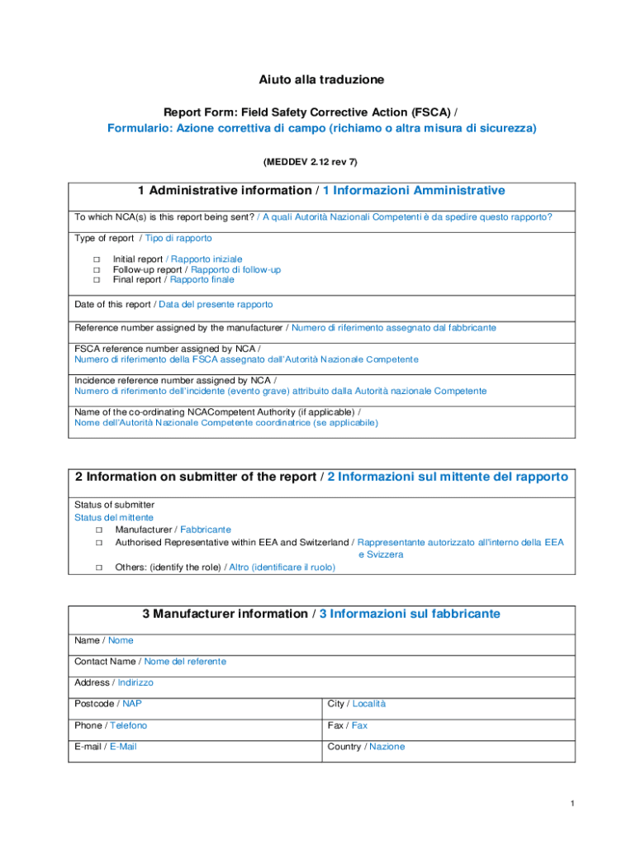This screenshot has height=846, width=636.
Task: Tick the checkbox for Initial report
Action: click(x=96, y=259)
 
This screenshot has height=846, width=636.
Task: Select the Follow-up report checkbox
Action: click(x=96, y=270)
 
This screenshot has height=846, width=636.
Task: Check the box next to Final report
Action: click(x=96, y=280)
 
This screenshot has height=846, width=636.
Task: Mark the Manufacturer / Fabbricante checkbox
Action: click(x=98, y=530)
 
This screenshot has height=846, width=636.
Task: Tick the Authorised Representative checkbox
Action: click(x=98, y=543)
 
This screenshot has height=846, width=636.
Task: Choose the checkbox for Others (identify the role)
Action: click(x=98, y=568)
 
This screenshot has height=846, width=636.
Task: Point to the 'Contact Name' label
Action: click(x=106, y=662)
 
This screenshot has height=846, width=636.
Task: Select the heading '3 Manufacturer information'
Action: click(x=224, y=615)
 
